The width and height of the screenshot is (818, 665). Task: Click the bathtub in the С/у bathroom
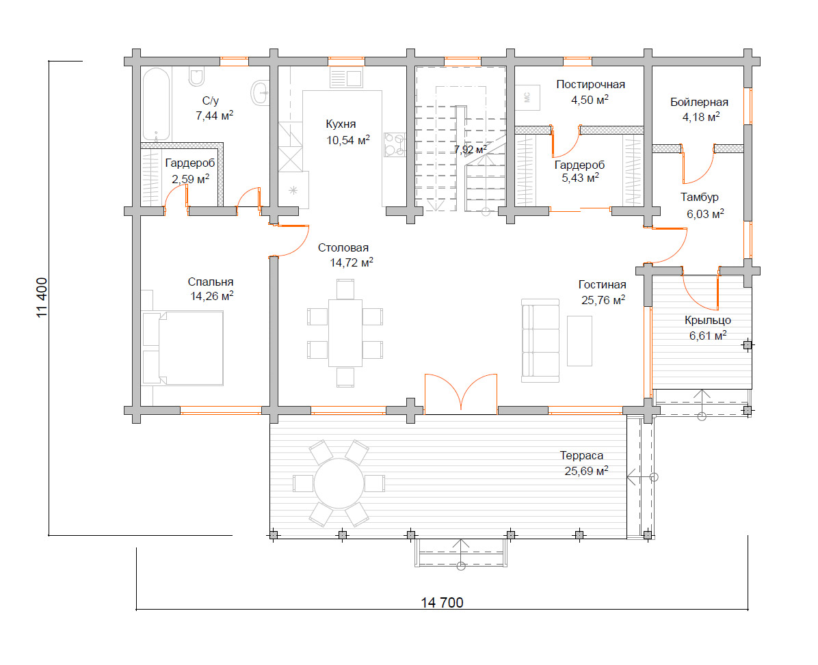[156, 105]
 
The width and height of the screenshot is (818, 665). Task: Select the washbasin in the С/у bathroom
[261, 92]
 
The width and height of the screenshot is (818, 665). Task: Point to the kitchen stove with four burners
[395, 144]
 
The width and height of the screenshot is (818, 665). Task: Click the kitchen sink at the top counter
[346, 79]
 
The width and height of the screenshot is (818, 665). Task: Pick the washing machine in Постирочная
[527, 97]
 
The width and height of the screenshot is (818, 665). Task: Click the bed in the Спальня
[183, 348]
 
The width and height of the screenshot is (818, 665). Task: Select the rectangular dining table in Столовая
[345, 332]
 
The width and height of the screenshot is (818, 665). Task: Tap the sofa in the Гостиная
[540, 340]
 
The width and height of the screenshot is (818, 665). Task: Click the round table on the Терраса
[339, 483]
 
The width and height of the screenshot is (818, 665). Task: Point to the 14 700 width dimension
[442, 602]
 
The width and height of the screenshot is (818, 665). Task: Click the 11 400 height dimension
[42, 297]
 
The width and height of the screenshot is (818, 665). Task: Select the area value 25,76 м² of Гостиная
[603, 300]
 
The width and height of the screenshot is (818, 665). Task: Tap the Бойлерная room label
[699, 102]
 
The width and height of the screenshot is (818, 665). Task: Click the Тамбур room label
[699, 197]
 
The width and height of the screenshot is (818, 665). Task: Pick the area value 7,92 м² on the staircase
[470, 150]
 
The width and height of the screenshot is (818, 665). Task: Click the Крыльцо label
[707, 320]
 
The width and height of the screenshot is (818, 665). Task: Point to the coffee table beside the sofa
[579, 340]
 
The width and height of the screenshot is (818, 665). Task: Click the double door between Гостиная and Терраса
[461, 394]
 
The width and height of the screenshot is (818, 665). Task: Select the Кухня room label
[341, 124]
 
